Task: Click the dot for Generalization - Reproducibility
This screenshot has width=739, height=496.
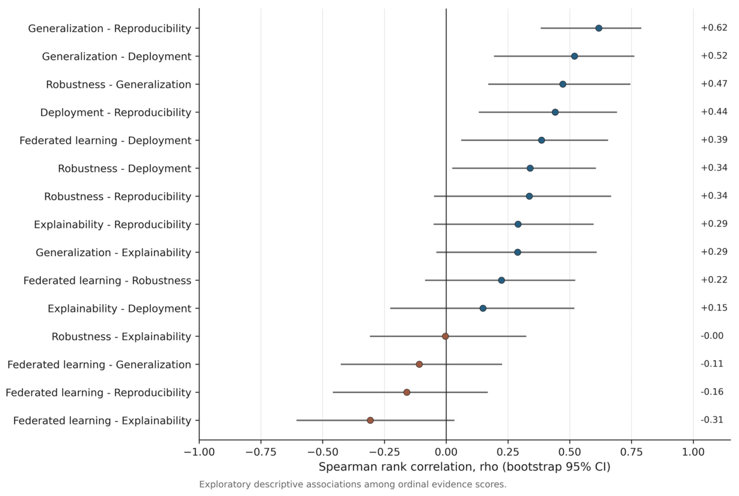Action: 599,28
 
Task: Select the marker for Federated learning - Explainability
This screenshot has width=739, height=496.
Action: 370,421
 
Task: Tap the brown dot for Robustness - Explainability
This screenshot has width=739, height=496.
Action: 445,336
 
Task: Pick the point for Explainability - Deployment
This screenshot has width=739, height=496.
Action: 483,308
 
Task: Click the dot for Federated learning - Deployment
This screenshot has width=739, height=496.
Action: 541,140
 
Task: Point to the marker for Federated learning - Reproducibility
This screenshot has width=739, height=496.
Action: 407,392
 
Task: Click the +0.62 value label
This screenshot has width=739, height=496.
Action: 714,27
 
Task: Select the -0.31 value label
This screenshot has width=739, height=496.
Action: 712,420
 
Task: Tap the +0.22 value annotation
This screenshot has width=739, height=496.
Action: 714,280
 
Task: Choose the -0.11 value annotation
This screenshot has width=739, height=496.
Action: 712,364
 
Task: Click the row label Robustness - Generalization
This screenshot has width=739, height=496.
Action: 118,85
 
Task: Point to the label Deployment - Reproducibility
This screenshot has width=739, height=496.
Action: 116,113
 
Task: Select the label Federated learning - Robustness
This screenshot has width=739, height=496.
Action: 107,281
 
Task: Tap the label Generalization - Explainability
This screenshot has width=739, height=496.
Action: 114,253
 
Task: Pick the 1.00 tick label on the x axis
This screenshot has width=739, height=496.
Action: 693,452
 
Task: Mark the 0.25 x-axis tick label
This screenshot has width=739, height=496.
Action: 508,452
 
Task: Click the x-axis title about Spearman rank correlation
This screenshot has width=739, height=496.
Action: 465,467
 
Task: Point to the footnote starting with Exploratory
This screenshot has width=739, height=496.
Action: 353,484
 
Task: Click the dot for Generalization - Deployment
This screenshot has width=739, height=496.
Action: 575,56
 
